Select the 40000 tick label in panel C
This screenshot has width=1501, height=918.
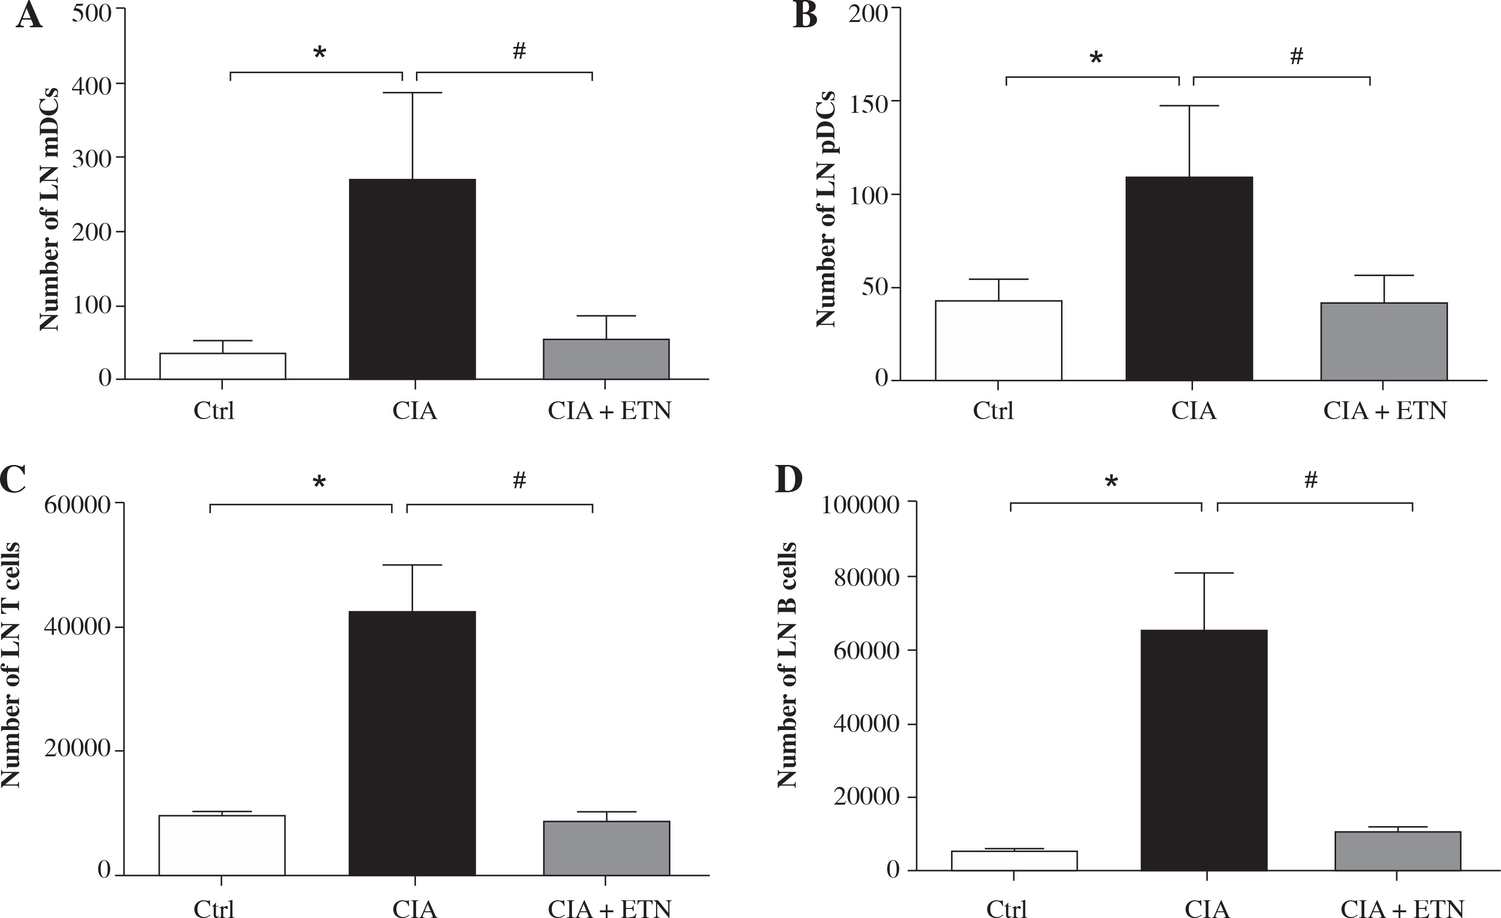point(77,627)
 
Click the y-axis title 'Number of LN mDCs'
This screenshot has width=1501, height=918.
point(49,209)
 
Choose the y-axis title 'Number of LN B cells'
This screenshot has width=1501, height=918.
point(788,664)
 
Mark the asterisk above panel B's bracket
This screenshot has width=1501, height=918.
point(1096,58)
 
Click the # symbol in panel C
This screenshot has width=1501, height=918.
point(519,480)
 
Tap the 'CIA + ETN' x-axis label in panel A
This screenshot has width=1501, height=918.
point(609,411)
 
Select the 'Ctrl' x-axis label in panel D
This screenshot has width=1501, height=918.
point(1007,909)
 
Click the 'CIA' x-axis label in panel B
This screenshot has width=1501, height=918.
point(1194,411)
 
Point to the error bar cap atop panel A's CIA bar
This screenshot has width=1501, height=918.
point(412,93)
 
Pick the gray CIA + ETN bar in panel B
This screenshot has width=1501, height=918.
point(1383,342)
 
